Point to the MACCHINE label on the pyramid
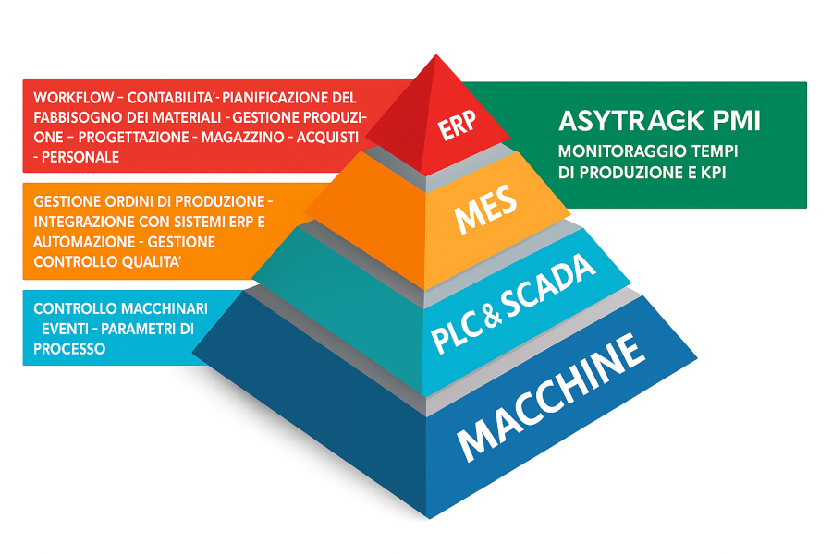click(x=551, y=399)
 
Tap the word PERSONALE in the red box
click(x=80, y=157)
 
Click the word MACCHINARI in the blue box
click(x=153, y=307)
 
